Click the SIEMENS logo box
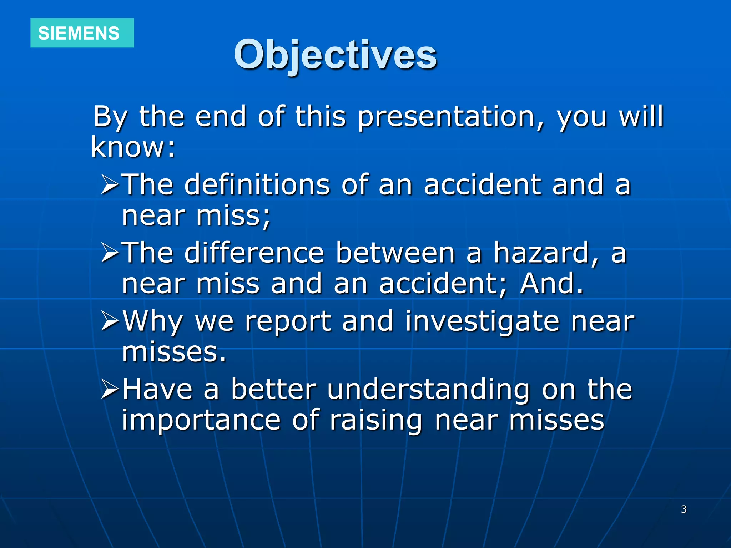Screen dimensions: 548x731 (82, 33)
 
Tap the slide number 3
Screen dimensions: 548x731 (684, 509)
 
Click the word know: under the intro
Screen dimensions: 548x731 (133, 147)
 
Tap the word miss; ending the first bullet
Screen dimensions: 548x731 (234, 215)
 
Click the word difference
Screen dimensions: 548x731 (254, 253)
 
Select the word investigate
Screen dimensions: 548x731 (482, 321)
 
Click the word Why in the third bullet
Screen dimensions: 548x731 (153, 321)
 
